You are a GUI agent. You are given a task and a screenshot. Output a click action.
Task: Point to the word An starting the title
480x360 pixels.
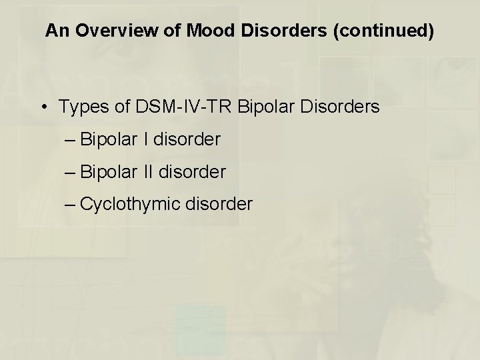57,31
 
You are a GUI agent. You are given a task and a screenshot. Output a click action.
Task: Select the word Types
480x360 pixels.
79,107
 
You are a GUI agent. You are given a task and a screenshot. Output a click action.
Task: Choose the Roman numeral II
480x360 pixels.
147,171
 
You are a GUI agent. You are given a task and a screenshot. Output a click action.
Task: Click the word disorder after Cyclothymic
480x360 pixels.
219,203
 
